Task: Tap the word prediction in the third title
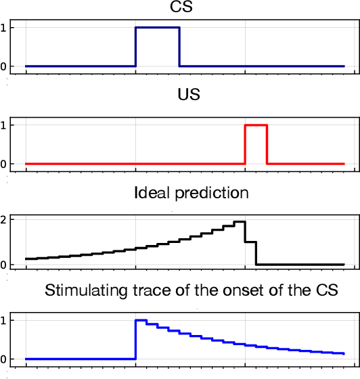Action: click(210, 194)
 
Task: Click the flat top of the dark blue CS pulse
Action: click(157, 28)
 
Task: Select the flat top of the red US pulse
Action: click(256, 125)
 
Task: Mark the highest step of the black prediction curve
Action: click(239, 222)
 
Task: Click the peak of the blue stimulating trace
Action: click(141, 321)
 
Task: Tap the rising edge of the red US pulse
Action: click(245, 144)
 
